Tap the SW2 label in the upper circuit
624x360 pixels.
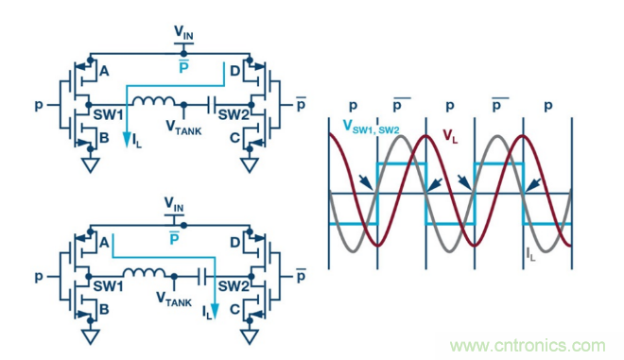(x=231, y=114)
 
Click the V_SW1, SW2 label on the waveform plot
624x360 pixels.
(x=372, y=123)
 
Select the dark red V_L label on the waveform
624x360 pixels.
(x=452, y=135)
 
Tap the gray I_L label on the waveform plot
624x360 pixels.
(x=531, y=253)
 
